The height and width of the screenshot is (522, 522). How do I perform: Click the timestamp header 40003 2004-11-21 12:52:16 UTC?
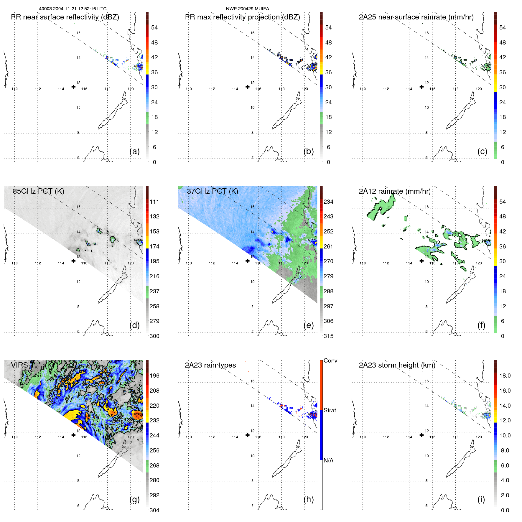(73, 9)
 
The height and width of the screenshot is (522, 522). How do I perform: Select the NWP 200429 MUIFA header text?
(247, 9)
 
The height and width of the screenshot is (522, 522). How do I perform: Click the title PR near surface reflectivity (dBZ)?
(65, 17)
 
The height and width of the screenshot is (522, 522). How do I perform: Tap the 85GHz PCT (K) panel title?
(38, 191)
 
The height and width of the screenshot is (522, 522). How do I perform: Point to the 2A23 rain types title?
(210, 365)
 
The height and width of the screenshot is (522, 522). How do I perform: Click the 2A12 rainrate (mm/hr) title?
(394, 191)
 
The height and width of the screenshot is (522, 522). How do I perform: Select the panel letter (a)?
(134, 152)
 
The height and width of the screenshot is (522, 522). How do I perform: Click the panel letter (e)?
(309, 325)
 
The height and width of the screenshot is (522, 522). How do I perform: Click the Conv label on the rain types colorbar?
(330, 360)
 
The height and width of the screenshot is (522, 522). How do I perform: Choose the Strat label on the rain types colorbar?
(330, 410)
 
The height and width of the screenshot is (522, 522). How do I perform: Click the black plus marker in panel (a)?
(73, 87)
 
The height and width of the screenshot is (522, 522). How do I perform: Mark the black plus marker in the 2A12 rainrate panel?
(421, 261)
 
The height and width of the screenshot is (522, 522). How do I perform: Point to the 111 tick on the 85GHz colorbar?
(154, 202)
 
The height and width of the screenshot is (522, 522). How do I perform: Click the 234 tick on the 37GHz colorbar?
(328, 202)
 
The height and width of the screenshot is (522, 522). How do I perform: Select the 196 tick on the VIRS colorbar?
(154, 376)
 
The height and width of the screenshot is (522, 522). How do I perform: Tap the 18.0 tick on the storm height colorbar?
(505, 376)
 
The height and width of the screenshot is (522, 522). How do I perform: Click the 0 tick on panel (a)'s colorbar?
(154, 162)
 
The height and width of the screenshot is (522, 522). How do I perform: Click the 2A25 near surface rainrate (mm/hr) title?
(416, 17)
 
